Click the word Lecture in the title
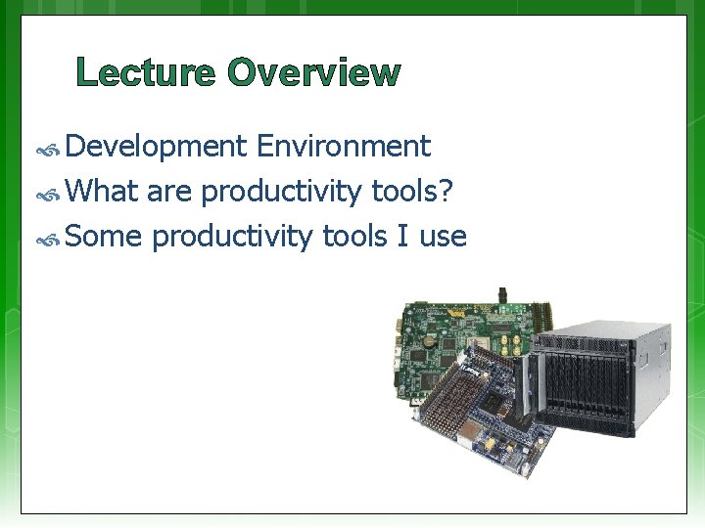[145, 73]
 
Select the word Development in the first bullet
[157, 147]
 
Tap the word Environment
[343, 147]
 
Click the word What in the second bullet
[103, 191]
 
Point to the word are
[170, 193]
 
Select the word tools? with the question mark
[412, 191]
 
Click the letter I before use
[405, 236]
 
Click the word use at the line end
[443, 238]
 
